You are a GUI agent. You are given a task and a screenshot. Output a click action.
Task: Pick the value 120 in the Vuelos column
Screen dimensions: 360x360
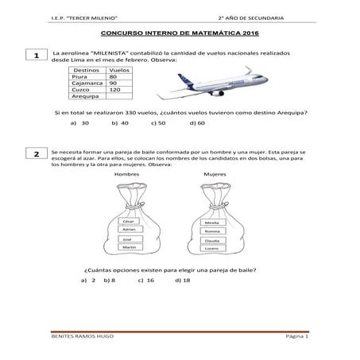(114, 89)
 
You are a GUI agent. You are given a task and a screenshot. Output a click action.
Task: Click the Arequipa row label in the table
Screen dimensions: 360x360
(85, 96)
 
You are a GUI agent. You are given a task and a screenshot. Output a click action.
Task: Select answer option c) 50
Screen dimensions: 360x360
(157, 124)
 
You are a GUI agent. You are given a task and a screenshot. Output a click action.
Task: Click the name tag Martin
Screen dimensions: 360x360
(128, 247)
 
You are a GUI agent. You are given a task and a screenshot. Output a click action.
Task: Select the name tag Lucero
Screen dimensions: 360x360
(211, 249)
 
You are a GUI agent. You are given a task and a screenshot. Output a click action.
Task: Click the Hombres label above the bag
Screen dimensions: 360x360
(127, 174)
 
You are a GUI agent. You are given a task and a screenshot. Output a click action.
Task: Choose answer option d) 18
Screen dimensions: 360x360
(182, 281)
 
